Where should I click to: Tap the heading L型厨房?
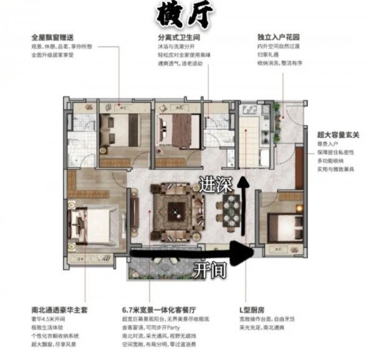[270, 308]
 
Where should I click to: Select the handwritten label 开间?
[209, 270]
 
